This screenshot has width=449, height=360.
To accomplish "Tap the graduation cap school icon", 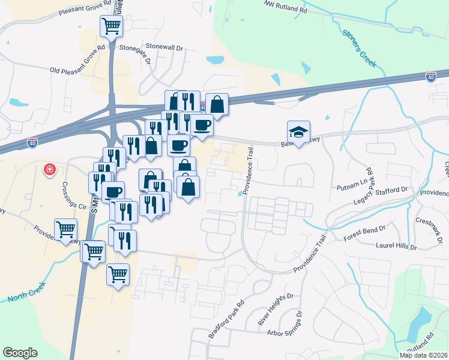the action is click(298, 131).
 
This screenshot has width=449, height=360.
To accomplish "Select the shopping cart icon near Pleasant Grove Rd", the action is click(111, 25).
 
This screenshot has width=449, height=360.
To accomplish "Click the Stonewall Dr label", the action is click(163, 46).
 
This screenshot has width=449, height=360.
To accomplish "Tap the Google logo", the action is click(20, 353).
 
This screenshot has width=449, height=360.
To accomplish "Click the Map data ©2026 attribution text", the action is click(423, 355).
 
